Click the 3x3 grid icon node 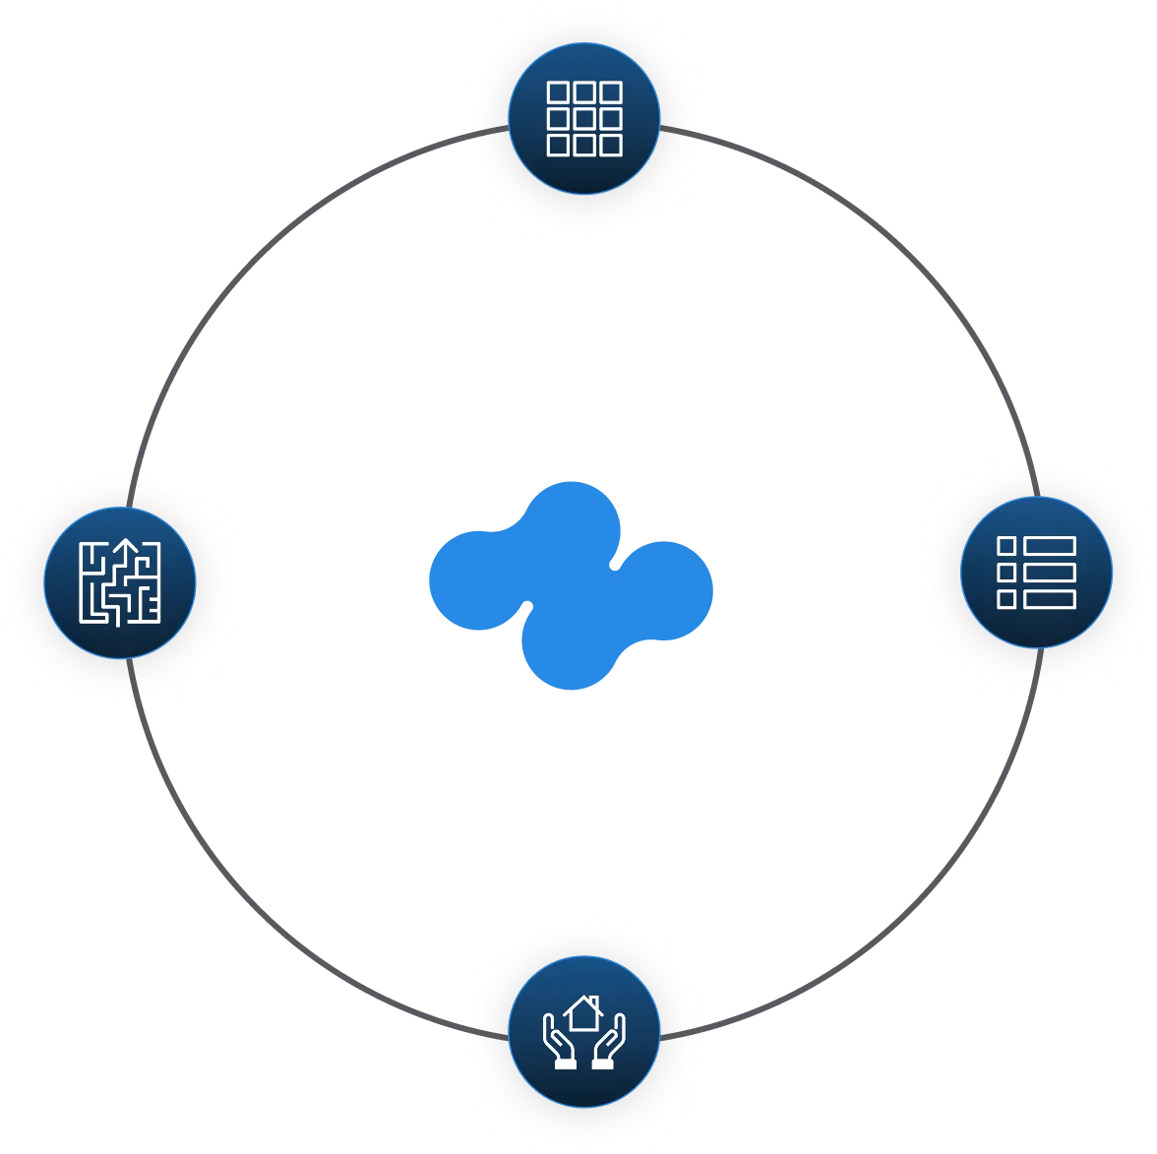584,119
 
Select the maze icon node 120,583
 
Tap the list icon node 1036,573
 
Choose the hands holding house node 584,1032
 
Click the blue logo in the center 571,586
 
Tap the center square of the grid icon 584,119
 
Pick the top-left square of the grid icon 559,92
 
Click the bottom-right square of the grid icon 611,146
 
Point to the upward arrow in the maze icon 126,551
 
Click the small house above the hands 583,1012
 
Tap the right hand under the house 609,1047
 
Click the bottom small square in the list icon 1006,598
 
